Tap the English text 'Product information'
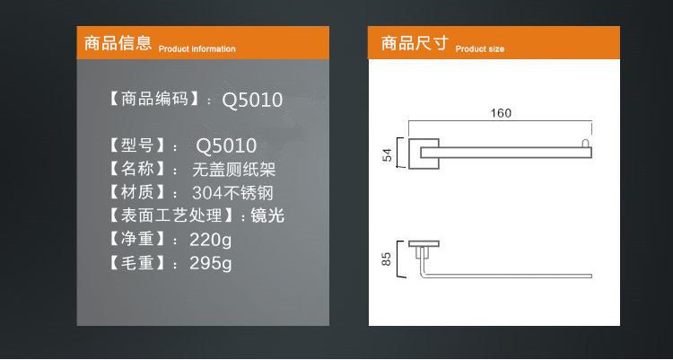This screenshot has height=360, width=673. tap(197, 49)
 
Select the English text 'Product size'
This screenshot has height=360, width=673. tap(480, 49)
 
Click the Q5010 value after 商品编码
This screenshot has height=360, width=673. tap(252, 101)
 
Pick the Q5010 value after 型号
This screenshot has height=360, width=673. tap(226, 145)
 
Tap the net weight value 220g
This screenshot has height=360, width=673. tap(211, 240)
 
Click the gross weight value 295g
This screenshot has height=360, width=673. tap(211, 263)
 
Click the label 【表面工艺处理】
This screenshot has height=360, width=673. tap(171, 215)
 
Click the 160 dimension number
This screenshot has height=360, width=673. tap(501, 113)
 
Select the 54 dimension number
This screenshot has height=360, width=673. tap(388, 155)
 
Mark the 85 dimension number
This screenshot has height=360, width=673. tap(388, 259)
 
